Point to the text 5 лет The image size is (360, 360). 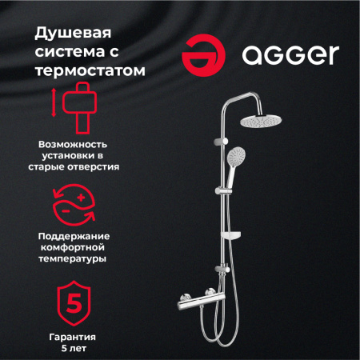[73, 351]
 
